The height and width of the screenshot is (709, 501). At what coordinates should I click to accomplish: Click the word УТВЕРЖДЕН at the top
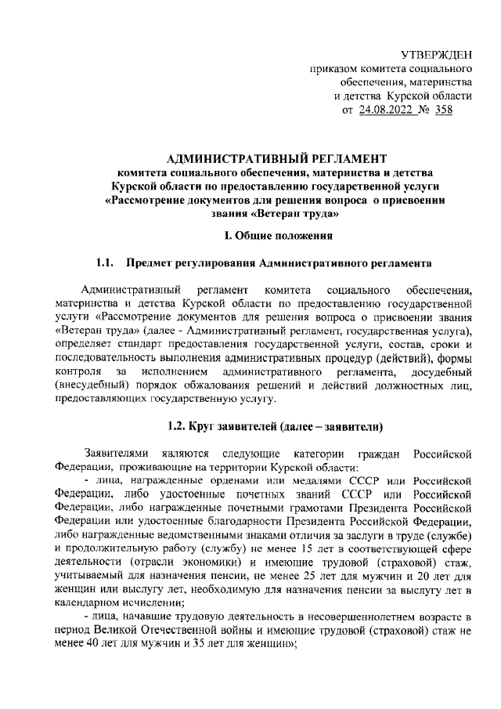437,53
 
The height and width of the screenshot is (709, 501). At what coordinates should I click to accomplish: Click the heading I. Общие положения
279,233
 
